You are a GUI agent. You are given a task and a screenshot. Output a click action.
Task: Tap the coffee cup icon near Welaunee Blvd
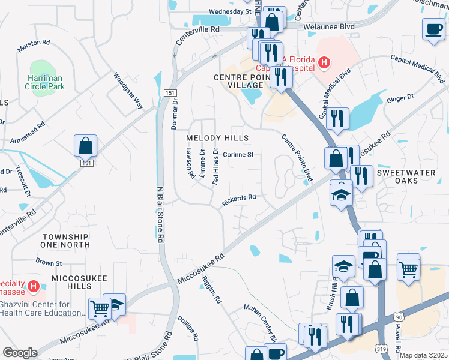pyautogui.click(x=433, y=29)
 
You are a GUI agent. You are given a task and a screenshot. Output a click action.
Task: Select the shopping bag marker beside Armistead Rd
pyautogui.click(x=85, y=146)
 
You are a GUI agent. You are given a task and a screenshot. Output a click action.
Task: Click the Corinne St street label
pyautogui.click(x=238, y=154)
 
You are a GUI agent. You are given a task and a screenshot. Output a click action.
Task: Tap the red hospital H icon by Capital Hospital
pyautogui.click(x=324, y=62)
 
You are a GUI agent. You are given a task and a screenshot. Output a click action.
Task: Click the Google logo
pyautogui.click(x=20, y=353)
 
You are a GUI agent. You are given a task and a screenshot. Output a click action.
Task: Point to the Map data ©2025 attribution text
pyautogui.click(x=423, y=355)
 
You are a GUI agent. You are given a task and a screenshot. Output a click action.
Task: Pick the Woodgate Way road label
pyautogui.click(x=129, y=91)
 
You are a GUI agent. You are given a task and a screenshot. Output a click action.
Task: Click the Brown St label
pyautogui.click(x=49, y=262)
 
